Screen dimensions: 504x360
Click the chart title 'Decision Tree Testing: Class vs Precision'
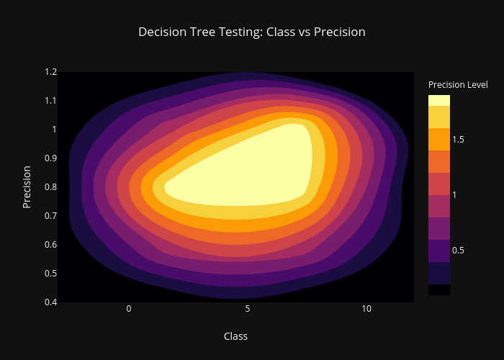click(x=252, y=32)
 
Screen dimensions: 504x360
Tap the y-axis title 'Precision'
click(x=27, y=187)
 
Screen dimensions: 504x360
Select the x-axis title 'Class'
click(x=235, y=336)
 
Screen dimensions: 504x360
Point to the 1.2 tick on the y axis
click(x=51, y=72)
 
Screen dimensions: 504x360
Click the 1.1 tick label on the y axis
click(x=51, y=101)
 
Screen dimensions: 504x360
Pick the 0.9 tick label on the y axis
click(x=51, y=158)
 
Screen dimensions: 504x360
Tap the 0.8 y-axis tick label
click(x=51, y=187)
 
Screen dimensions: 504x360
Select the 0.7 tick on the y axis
click(x=51, y=216)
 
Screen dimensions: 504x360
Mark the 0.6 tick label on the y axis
click(x=51, y=245)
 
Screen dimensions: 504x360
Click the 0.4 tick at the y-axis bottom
click(x=51, y=302)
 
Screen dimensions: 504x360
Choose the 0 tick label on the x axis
click(x=129, y=309)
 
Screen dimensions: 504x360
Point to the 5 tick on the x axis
click(x=248, y=309)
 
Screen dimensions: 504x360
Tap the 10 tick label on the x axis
click(x=366, y=309)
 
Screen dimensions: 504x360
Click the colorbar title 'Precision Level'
click(x=458, y=85)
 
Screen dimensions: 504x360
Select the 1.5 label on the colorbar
click(x=458, y=140)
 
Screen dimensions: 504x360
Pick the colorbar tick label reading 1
click(x=454, y=195)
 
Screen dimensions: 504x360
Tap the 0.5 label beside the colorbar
click(x=458, y=251)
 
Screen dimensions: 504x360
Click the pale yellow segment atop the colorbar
click(x=439, y=100)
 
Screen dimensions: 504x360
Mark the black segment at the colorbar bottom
click(x=439, y=289)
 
